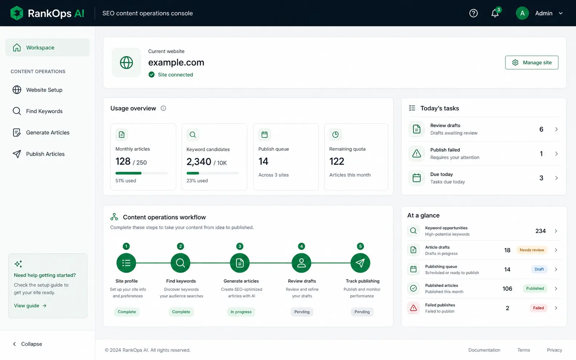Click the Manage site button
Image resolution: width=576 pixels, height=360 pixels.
click(532, 62)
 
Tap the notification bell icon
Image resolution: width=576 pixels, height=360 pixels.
click(495, 13)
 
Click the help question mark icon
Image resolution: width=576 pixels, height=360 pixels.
click(473, 13)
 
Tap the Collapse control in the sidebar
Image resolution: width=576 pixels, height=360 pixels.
click(27, 344)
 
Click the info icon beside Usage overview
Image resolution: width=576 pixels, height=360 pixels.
click(163, 108)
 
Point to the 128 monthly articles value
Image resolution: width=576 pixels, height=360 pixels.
click(123, 161)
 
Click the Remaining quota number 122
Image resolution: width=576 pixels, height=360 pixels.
click(337, 161)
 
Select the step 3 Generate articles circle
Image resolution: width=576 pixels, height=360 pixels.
click(240, 263)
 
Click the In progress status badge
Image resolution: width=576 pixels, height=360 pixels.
click(241, 312)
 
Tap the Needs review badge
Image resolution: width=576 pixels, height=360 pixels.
click(532, 250)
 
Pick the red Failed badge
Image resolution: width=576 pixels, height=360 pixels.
click(538, 308)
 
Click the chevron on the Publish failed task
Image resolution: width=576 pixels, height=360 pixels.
click(556, 154)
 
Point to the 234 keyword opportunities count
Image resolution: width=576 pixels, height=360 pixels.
click(540, 231)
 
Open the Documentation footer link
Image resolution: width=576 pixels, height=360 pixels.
click(484, 350)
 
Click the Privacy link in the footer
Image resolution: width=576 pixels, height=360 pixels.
click(555, 350)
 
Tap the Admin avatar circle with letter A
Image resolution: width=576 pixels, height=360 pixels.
click(522, 13)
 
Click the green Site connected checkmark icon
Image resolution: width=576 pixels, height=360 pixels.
click(151, 74)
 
